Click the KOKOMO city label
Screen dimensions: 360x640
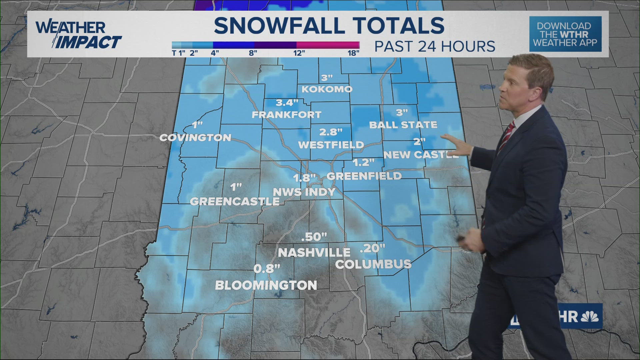(x=327, y=89)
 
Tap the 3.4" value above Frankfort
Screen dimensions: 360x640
(x=287, y=103)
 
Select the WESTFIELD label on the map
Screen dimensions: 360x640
(x=331, y=145)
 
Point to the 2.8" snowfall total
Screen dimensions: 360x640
(x=331, y=132)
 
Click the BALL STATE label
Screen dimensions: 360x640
(x=403, y=125)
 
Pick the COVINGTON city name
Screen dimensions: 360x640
(x=195, y=137)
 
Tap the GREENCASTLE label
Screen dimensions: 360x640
(x=235, y=201)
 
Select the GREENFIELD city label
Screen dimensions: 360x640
(x=364, y=176)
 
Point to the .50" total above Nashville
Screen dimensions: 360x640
(x=314, y=237)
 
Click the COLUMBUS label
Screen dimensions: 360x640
(x=373, y=264)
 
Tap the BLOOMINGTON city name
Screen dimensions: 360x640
(x=266, y=285)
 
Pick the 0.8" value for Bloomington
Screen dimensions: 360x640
(x=267, y=269)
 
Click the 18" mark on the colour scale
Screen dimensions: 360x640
(x=353, y=53)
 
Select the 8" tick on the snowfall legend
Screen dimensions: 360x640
(x=253, y=53)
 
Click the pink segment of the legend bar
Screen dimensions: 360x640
(x=328, y=45)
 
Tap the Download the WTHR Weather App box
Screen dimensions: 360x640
(x=565, y=34)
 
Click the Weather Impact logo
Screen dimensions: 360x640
(x=78, y=35)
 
